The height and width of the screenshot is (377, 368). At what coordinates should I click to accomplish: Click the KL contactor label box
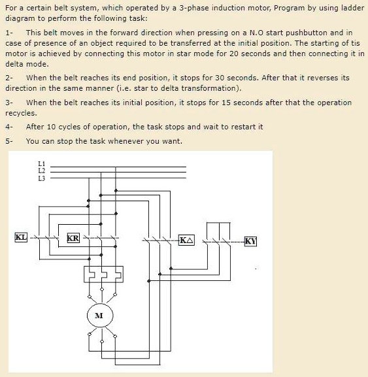(21, 237)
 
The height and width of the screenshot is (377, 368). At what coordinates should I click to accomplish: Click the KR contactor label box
(73, 238)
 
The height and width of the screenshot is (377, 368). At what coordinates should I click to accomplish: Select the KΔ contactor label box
(186, 240)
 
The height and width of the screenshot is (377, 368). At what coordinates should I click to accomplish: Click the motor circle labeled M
(99, 316)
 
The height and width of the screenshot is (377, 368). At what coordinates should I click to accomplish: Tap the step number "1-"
(8, 32)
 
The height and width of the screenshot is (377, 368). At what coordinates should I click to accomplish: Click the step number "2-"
(8, 77)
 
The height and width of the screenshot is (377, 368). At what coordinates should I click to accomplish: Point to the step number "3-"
(8, 103)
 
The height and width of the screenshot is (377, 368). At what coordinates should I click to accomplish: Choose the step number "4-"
(8, 127)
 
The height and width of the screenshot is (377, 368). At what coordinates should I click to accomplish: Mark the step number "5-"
(8, 141)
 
